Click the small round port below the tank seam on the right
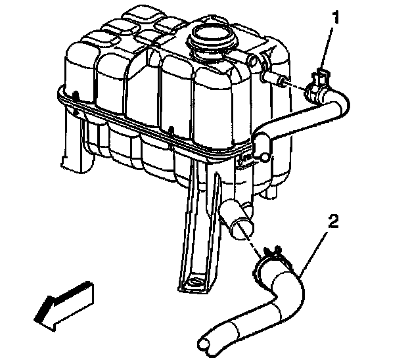click(264, 157)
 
